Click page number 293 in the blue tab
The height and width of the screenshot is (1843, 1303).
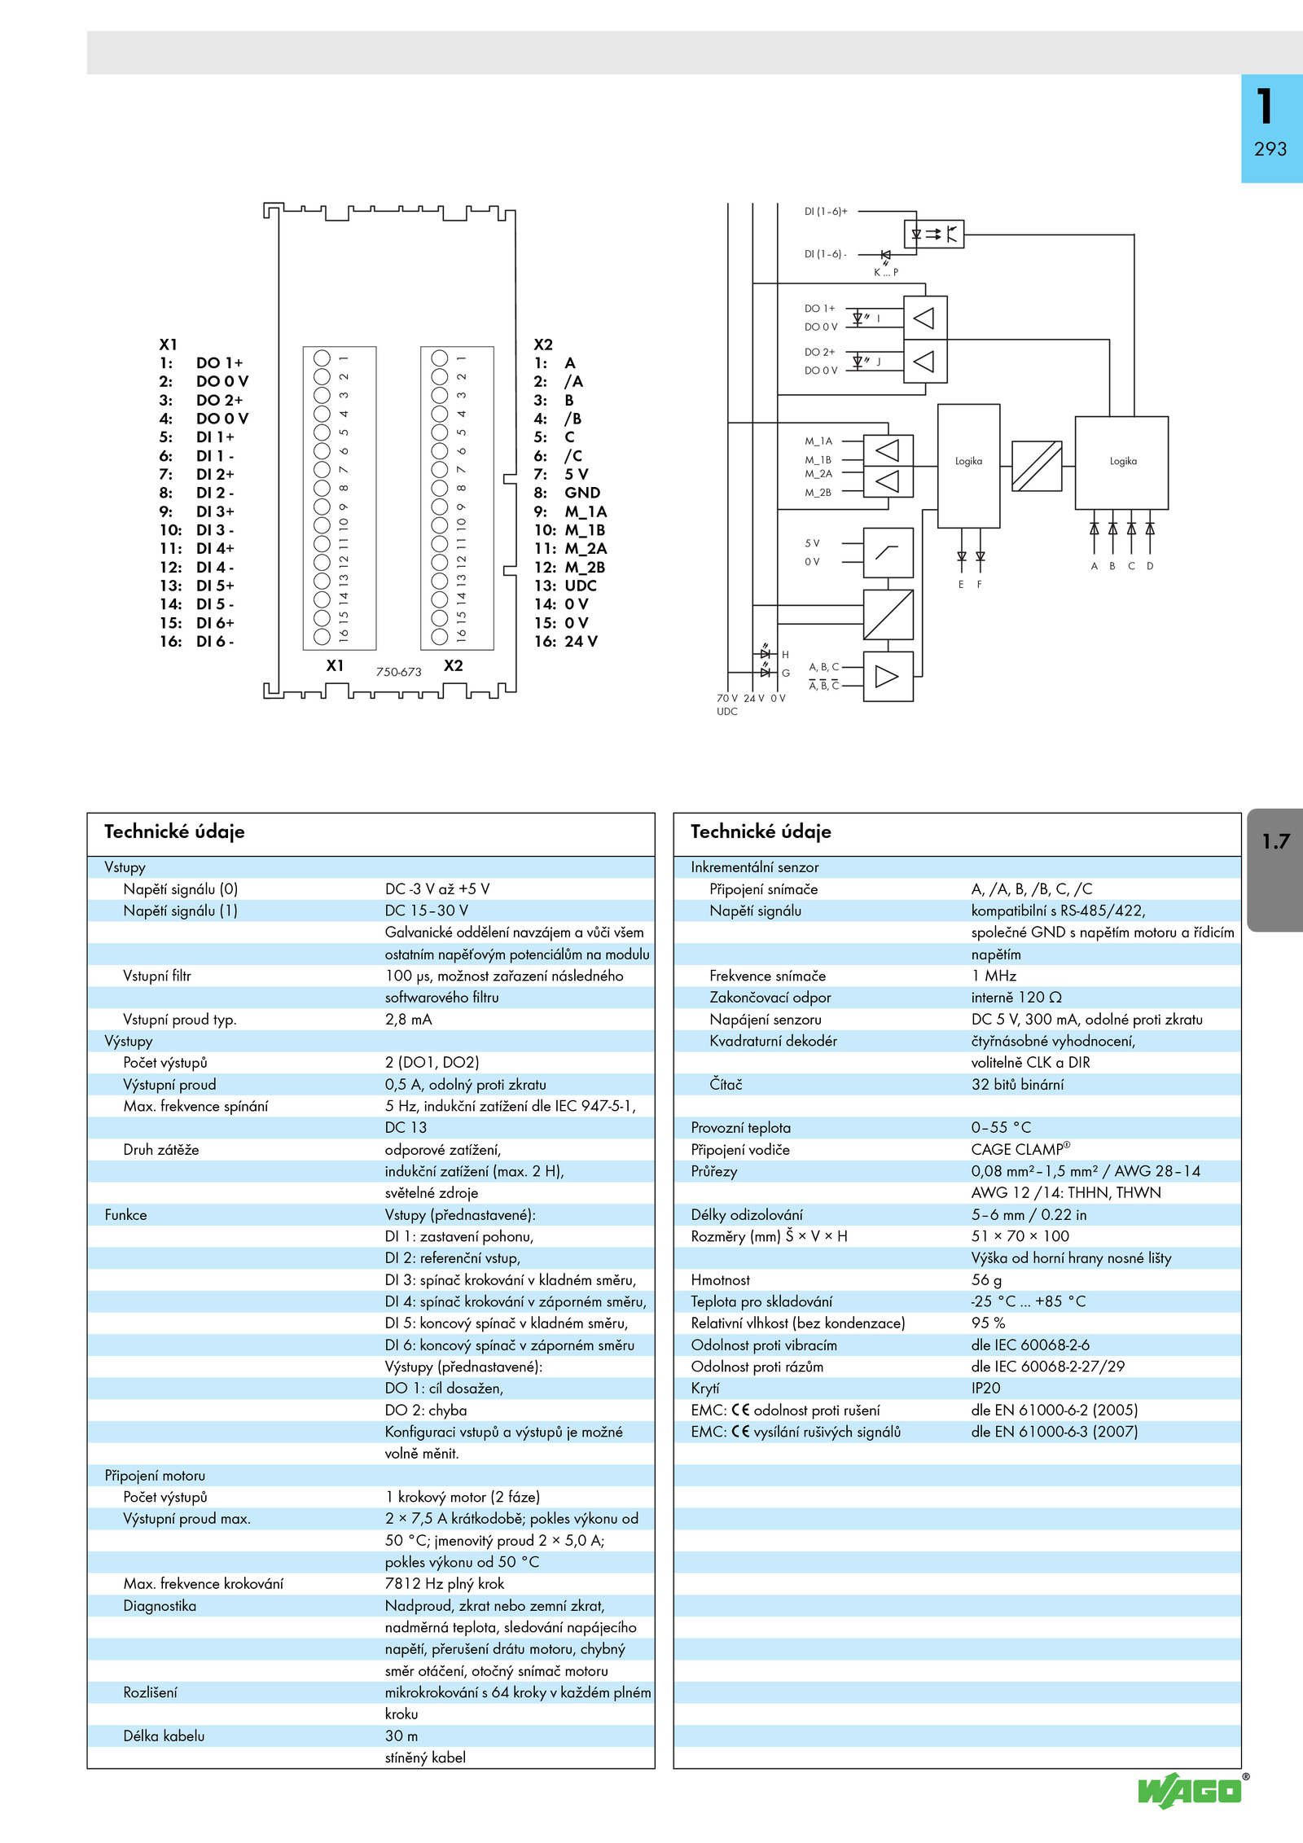coord(1270,149)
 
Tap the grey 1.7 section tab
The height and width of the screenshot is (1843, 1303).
coord(1275,869)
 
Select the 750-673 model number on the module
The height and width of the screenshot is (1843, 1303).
coord(398,672)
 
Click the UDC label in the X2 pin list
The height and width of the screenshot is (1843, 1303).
coord(581,586)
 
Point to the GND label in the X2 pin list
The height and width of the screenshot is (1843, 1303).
coord(582,493)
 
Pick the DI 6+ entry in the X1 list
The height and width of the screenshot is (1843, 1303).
coord(215,623)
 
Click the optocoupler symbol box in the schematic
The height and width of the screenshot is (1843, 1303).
coord(934,234)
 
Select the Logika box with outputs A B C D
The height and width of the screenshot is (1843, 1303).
coord(1121,463)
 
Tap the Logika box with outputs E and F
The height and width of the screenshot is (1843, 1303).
coord(969,466)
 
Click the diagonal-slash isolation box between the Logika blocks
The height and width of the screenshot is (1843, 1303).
coord(1037,466)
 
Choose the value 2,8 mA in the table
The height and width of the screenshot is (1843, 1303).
coord(409,1020)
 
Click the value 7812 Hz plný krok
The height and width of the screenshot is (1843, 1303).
coord(445,1584)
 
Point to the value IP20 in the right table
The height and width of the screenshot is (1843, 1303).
coord(985,1389)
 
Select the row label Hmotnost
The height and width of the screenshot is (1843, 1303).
coord(721,1280)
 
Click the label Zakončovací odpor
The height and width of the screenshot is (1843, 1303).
coord(770,998)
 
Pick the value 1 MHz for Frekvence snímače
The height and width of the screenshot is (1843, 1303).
coord(994,976)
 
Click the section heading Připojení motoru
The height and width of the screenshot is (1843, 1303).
coord(155,1476)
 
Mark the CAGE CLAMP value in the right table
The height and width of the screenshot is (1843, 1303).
coord(1020,1149)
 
